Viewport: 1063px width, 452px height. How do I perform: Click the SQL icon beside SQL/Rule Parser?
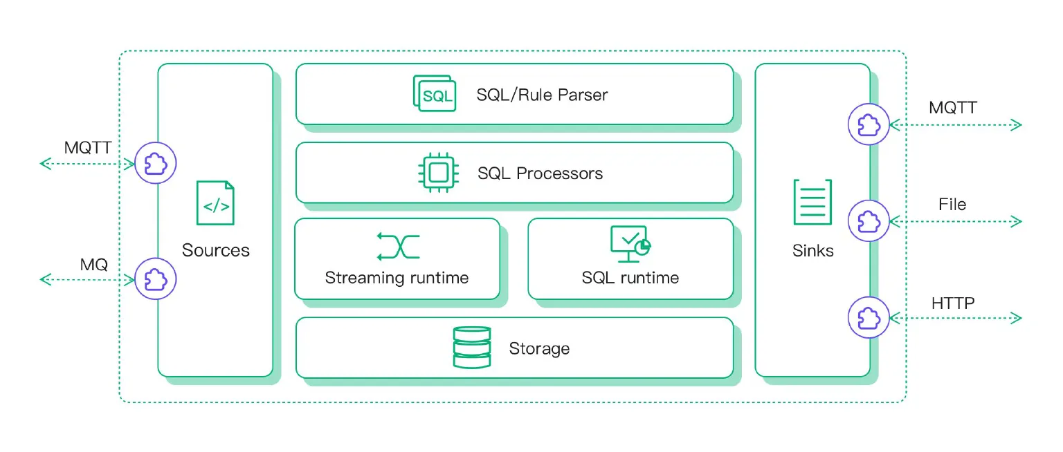click(435, 94)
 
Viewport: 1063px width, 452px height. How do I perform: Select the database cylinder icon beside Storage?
click(471, 348)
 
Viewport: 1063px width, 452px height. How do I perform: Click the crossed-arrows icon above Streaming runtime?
click(399, 246)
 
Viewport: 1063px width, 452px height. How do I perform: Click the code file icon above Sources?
click(215, 203)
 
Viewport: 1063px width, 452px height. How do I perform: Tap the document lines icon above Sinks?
click(812, 202)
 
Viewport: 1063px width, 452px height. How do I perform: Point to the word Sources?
click(215, 250)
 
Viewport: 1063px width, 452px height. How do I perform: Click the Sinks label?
click(812, 250)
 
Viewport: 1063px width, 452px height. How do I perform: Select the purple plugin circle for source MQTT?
click(156, 164)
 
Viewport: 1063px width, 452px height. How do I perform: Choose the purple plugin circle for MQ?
click(156, 279)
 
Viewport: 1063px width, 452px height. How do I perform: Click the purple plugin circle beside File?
click(869, 221)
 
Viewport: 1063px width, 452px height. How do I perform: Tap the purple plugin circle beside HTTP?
click(869, 318)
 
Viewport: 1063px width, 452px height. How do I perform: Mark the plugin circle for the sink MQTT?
click(869, 124)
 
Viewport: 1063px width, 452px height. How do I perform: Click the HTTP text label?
click(953, 303)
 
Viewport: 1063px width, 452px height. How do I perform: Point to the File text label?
click(952, 205)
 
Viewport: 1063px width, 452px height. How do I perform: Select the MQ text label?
click(94, 265)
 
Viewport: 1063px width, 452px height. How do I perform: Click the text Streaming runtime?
click(397, 279)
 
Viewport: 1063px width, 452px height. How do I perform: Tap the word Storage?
click(539, 348)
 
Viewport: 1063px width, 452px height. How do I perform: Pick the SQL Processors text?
click(540, 173)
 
